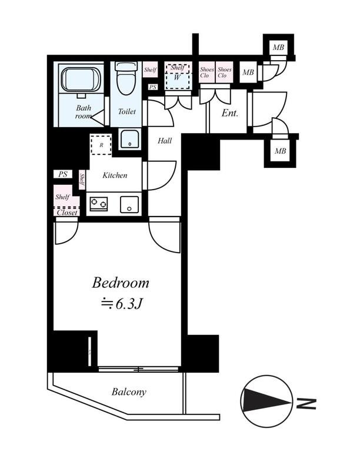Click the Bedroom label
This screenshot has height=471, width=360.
pos(121,283)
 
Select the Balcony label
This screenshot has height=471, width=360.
pos(129,392)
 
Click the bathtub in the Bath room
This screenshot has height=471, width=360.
pos(81,79)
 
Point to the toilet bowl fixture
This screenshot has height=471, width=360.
pos(126,78)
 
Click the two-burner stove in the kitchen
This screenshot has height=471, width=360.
pos(99,203)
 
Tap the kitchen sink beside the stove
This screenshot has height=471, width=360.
pos(129,204)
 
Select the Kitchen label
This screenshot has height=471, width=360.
pos(115,175)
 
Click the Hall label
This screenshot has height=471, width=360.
pos(165,141)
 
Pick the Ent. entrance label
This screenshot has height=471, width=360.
pos(230,113)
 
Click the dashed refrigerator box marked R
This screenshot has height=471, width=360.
pos(101,145)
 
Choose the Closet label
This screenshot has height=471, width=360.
pos(67,213)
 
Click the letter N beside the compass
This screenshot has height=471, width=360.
pos(306,404)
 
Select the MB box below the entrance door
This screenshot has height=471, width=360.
pos(280,151)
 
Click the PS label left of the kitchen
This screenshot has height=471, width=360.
pos(63,174)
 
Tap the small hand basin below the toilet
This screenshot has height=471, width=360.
pos(130,139)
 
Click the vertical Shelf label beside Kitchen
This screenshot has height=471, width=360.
pos(82,180)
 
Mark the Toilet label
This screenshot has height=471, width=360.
pos(126,111)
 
